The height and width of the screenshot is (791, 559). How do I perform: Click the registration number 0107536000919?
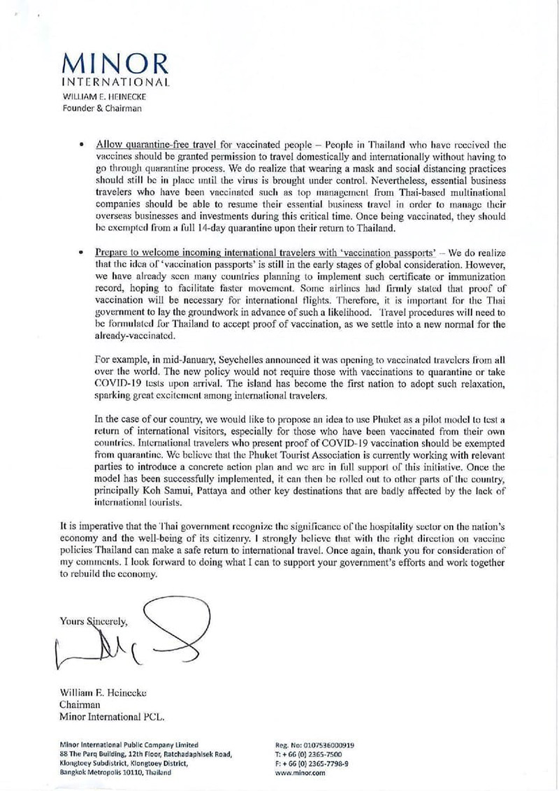click(329, 744)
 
